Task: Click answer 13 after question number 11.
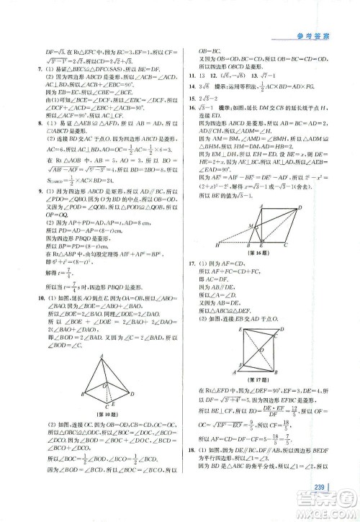pos(204,74)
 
